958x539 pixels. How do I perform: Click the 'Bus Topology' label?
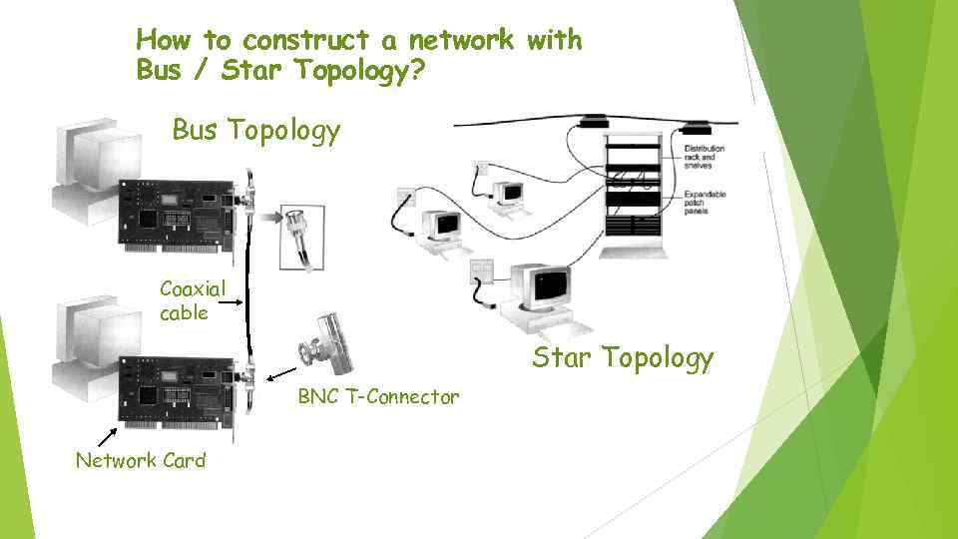[256, 131]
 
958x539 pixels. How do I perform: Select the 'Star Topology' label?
[623, 358]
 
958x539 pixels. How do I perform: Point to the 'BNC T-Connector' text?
[378, 397]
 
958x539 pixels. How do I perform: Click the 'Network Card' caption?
[141, 460]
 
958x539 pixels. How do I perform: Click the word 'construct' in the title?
[296, 41]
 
